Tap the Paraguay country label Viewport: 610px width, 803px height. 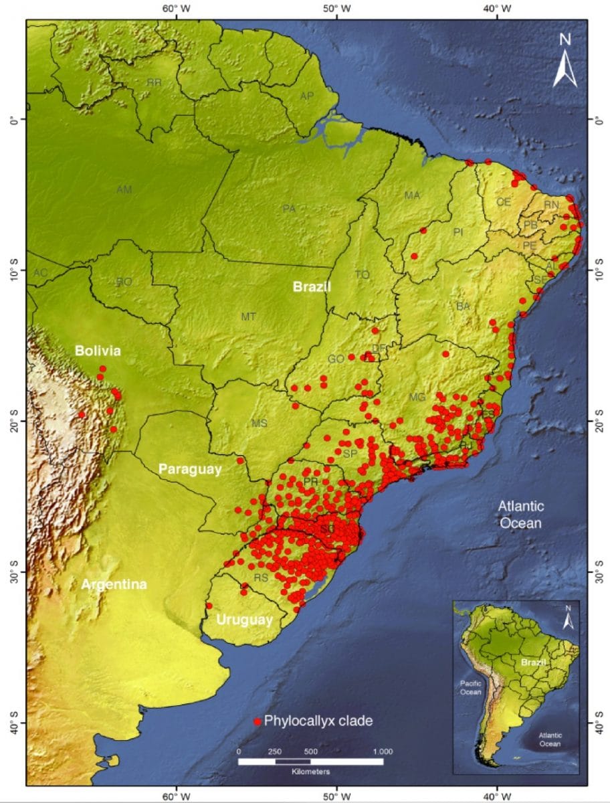click(x=189, y=470)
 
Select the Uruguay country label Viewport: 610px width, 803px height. click(x=244, y=620)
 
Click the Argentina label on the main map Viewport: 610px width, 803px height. click(x=114, y=584)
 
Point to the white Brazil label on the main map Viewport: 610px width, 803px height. click(x=312, y=287)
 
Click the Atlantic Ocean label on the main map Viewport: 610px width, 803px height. click(x=522, y=514)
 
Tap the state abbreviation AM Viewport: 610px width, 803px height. click(x=124, y=190)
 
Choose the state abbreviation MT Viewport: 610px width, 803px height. click(x=248, y=316)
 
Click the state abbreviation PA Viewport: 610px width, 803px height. click(x=289, y=209)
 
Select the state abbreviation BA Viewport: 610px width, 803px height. click(x=463, y=306)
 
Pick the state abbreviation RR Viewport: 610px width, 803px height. click(x=155, y=82)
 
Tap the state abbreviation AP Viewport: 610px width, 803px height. click(x=306, y=96)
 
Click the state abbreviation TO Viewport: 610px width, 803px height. click(x=362, y=274)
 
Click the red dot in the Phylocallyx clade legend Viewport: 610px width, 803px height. click(x=257, y=722)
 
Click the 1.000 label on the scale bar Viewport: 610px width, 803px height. click(x=382, y=751)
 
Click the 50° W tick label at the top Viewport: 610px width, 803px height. click(x=336, y=9)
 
